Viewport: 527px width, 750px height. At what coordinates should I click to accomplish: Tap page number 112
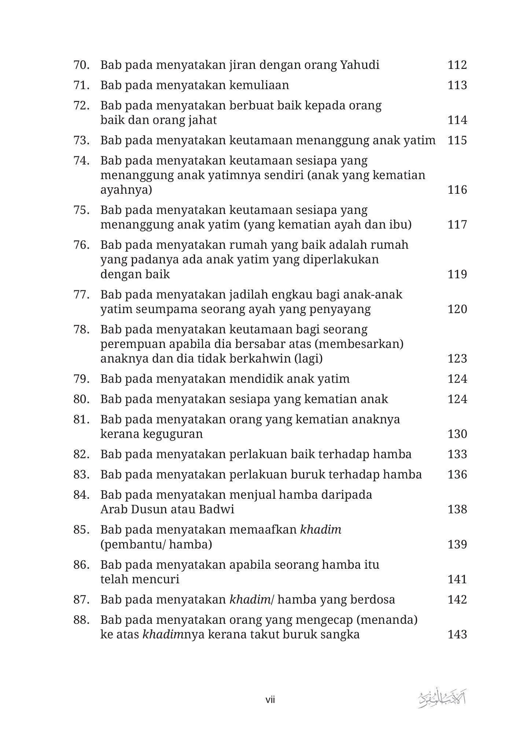457,65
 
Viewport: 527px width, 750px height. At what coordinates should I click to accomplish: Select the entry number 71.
81,85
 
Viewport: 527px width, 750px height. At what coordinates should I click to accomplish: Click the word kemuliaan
259,85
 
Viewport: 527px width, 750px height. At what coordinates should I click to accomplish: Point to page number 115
457,140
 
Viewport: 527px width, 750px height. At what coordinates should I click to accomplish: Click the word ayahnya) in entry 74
126,190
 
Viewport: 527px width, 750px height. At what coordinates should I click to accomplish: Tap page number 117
457,224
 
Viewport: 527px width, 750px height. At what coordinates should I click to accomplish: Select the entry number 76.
81,245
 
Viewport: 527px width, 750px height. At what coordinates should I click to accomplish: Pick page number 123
457,359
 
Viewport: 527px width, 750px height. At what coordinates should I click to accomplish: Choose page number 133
457,454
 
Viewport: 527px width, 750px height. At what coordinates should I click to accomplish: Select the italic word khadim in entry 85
321,530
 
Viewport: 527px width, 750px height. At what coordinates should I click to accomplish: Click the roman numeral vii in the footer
270,700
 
